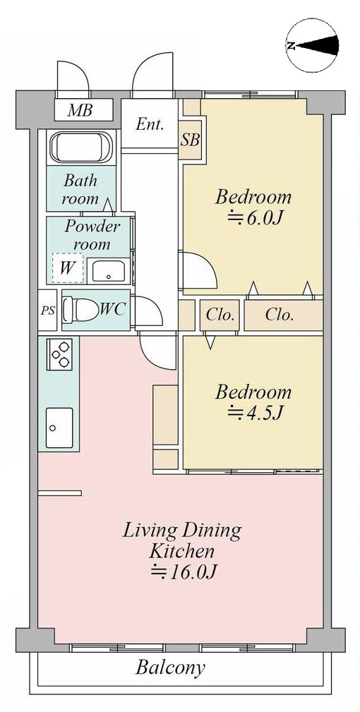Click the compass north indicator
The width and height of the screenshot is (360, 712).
pos(313,46)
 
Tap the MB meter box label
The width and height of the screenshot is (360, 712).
pos(80,110)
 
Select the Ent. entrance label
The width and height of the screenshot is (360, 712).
pos(150,124)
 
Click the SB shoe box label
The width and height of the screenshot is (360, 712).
pos(190,140)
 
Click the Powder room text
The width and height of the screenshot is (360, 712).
pos(92,235)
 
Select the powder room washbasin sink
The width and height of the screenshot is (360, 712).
pos(108,272)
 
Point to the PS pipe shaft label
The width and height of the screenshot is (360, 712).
pos(47,311)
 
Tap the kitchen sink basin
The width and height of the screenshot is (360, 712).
pos(59,428)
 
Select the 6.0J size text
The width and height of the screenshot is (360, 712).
pos(255,219)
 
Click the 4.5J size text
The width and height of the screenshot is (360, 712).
pos(255,412)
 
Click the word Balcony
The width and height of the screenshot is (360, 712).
pos(171,668)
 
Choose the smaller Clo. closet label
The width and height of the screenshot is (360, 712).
pos(220,315)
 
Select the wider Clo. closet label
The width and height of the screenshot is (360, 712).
pos(280,315)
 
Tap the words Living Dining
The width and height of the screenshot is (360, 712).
pos(182,531)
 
